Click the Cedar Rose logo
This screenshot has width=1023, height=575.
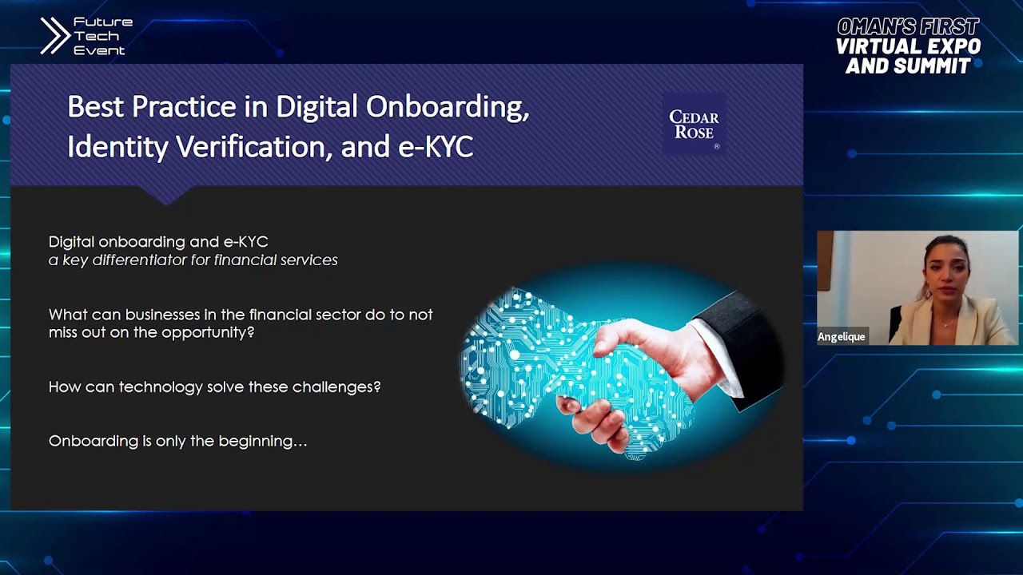click(694, 125)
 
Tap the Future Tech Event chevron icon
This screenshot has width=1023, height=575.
click(55, 36)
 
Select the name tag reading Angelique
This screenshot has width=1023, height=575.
click(842, 337)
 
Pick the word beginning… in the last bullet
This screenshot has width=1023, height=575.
click(268, 441)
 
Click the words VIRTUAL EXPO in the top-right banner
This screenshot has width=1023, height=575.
click(908, 46)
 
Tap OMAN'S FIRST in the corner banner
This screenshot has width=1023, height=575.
click(908, 27)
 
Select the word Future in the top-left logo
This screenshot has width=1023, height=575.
click(102, 22)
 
